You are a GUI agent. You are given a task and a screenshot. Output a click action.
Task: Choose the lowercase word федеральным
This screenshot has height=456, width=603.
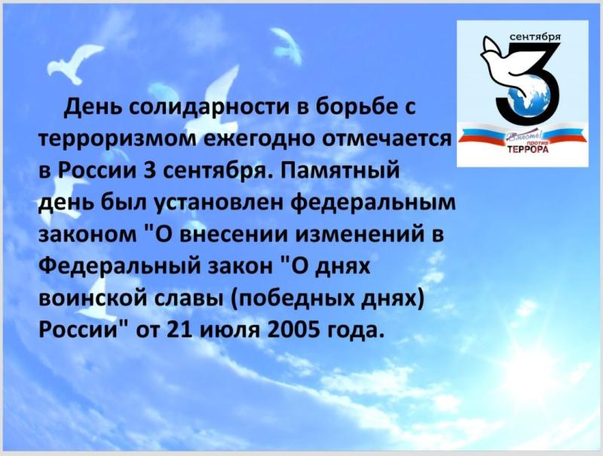coord(375,203)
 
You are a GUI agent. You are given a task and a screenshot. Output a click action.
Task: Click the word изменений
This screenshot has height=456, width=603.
coord(359,234)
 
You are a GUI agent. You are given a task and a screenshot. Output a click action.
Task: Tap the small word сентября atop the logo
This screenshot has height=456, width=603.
coord(537,37)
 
